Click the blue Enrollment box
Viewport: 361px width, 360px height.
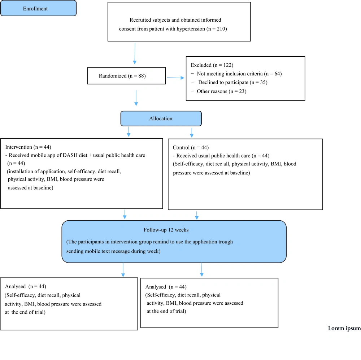pos(39,8)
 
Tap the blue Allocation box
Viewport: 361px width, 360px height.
pos(161,118)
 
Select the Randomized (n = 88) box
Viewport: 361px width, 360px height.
pos(126,76)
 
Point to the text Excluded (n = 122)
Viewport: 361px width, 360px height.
pos(212,65)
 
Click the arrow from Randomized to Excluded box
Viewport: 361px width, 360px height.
pos(176,78)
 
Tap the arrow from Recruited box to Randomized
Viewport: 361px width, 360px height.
pos(135,53)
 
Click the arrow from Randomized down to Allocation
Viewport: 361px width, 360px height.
pos(136,98)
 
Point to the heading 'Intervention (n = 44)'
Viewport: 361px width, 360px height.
pos(28,147)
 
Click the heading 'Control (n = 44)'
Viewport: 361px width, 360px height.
pos(191,148)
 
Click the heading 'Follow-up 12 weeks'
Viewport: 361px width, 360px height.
pos(166,230)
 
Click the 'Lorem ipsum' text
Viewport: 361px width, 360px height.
pos(344,328)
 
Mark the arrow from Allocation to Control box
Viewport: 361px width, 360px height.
pos(192,133)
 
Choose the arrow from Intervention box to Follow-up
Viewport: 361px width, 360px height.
pos(125,214)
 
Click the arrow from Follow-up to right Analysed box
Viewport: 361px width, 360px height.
pos(202,270)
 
